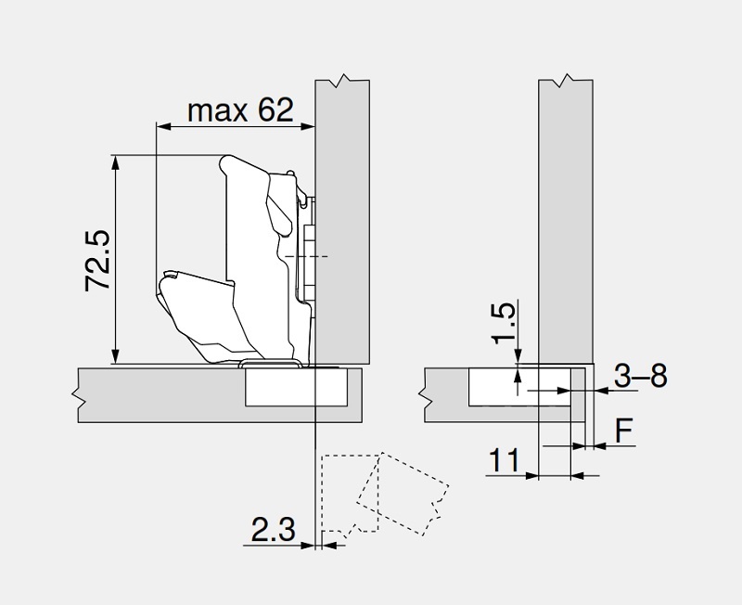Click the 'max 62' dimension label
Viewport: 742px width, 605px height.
coord(240,110)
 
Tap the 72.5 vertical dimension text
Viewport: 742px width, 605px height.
coord(97,261)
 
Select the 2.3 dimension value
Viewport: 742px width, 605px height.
coord(273,529)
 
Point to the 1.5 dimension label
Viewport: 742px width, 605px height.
coord(503,322)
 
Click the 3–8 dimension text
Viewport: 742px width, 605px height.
coord(641,376)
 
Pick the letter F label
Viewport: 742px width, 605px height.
coord(623,431)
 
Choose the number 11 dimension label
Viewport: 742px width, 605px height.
coord(504,460)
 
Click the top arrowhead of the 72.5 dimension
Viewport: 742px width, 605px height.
coord(115,162)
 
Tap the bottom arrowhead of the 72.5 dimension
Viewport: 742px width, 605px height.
coord(115,356)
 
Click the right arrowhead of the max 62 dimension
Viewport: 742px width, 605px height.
coord(307,126)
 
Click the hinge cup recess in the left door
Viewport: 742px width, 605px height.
coord(297,387)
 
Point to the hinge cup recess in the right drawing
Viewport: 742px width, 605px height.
coord(520,387)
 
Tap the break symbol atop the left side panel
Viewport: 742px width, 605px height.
coord(342,81)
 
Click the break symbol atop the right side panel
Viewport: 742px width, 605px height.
coord(566,81)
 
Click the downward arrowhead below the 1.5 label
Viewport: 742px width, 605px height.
coord(518,356)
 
